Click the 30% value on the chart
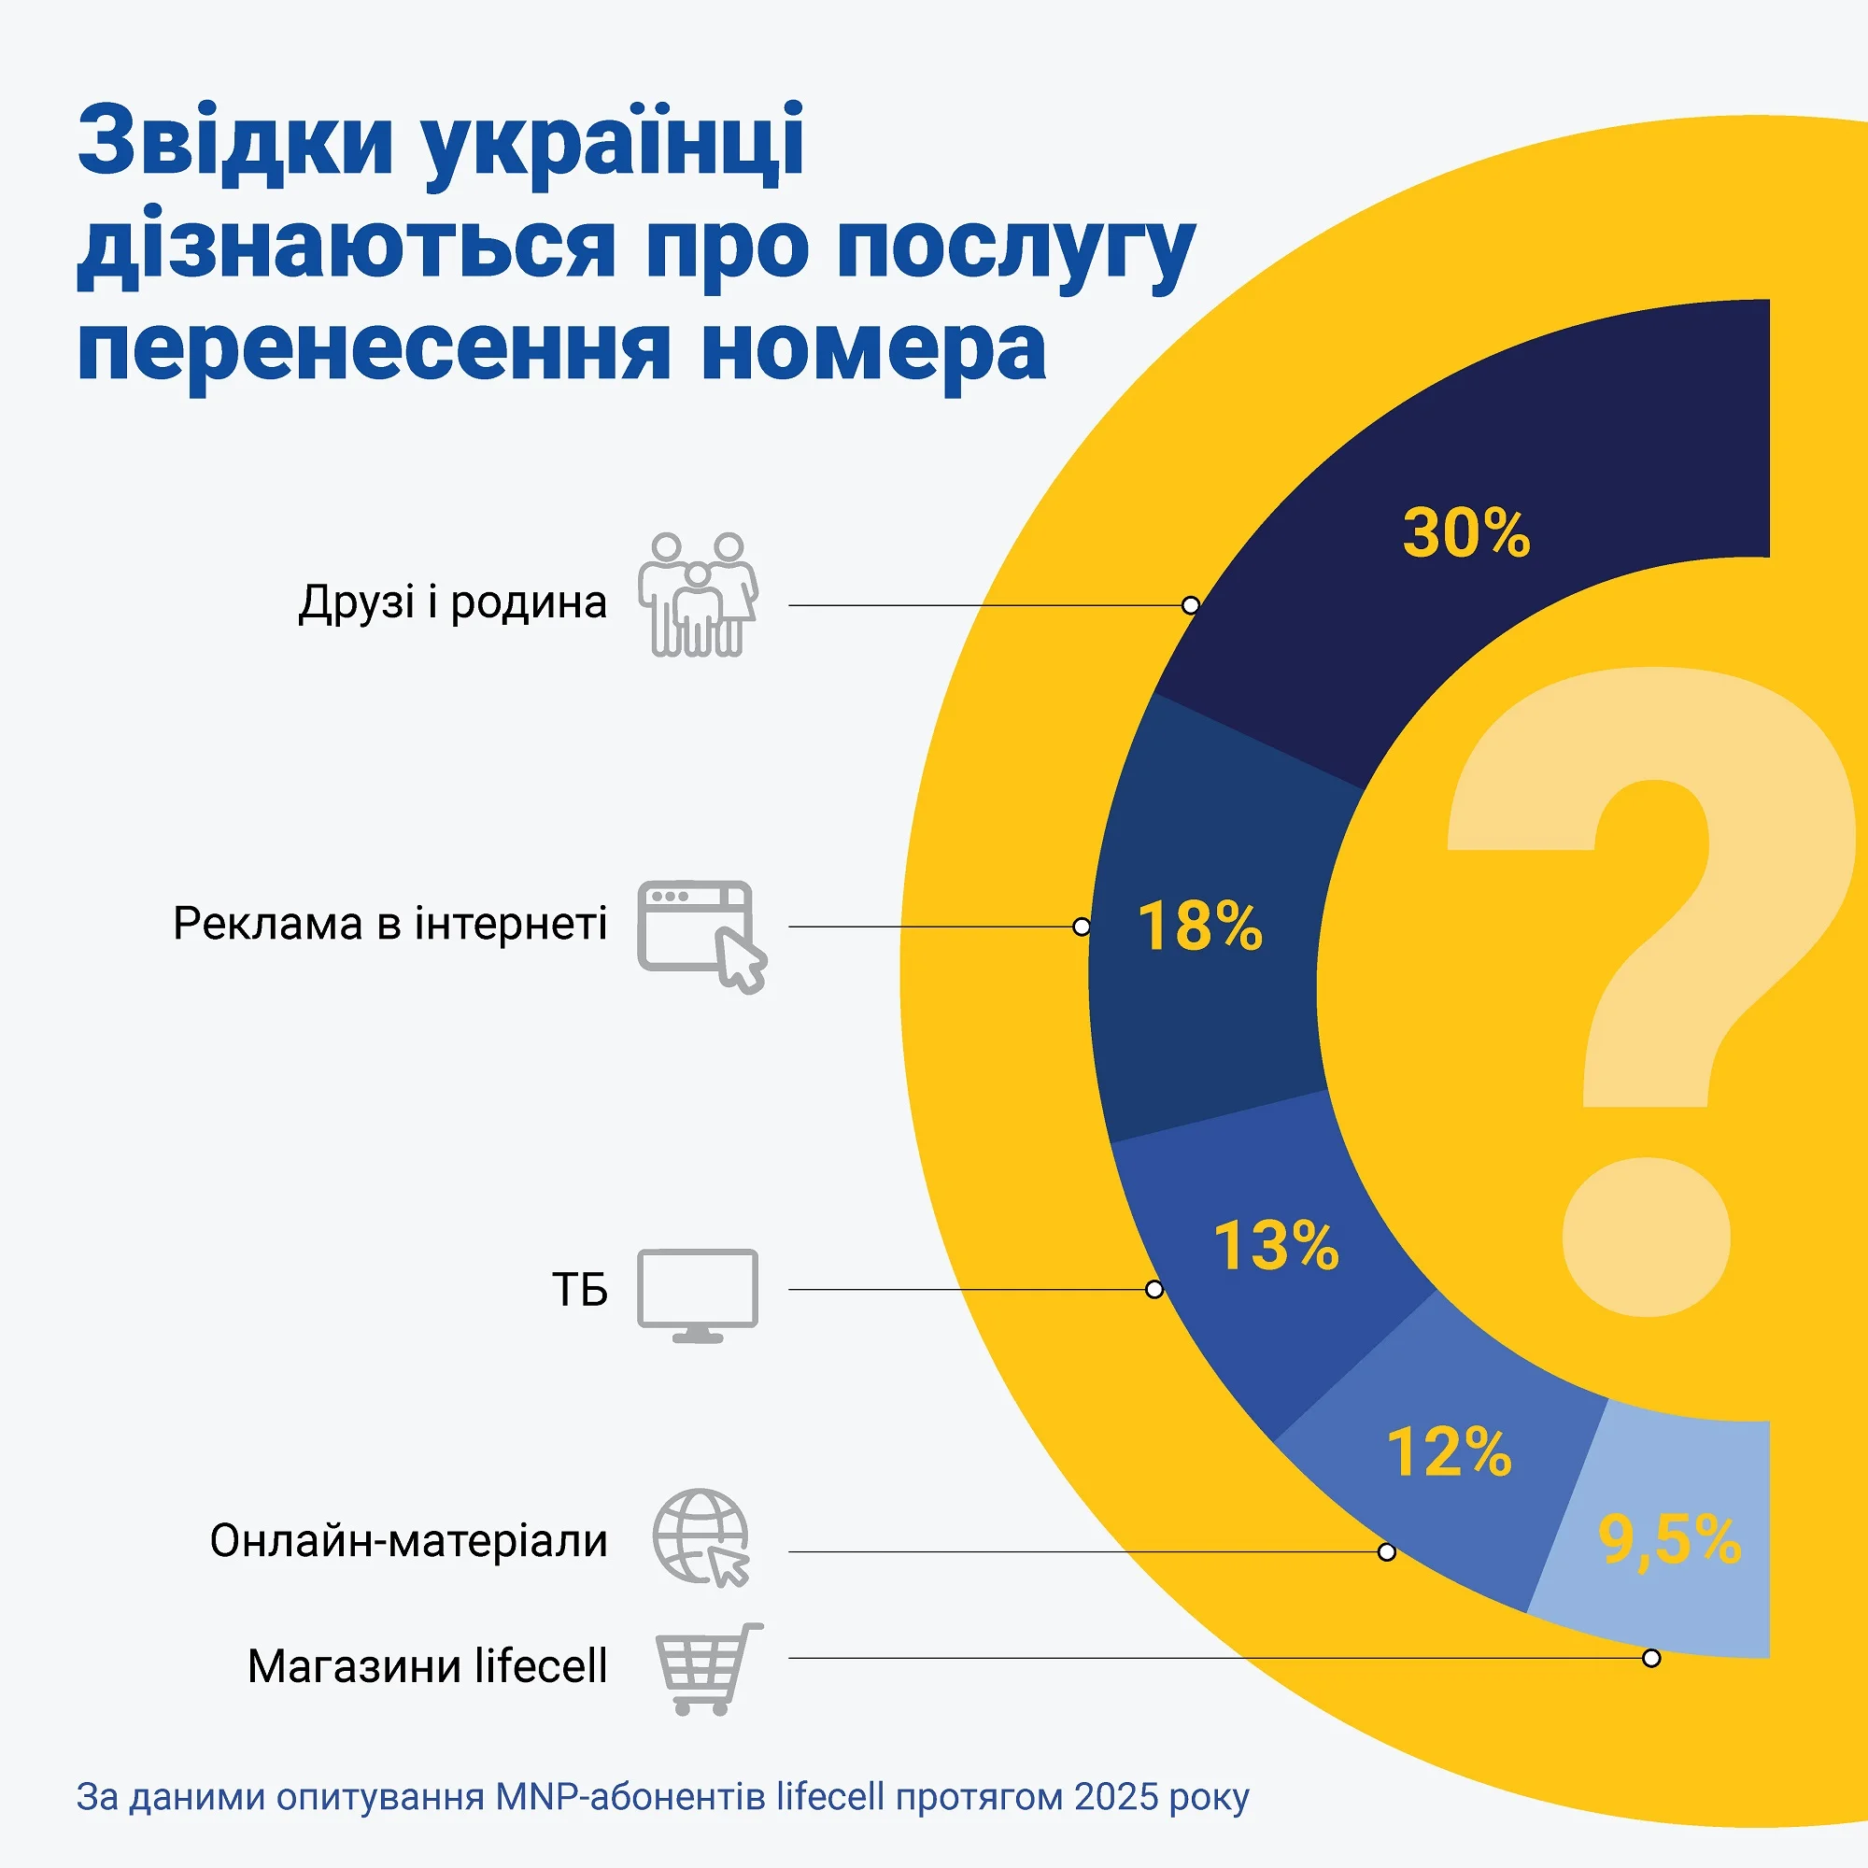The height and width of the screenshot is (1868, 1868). pyautogui.click(x=1465, y=532)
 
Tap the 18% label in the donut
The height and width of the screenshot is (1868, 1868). pyautogui.click(x=1200, y=927)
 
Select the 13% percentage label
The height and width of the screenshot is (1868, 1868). pyautogui.click(x=1276, y=1245)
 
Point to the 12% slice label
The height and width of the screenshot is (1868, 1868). pyautogui.click(x=1449, y=1452)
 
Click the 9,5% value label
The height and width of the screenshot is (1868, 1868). pyautogui.click(x=1669, y=1539)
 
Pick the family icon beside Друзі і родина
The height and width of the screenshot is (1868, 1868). pyautogui.click(x=697, y=595)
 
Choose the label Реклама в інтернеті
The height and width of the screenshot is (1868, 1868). pyautogui.click(x=389, y=924)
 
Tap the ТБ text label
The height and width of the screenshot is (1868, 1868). pyautogui.click(x=579, y=1290)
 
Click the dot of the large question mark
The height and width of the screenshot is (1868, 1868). pyautogui.click(x=1647, y=1236)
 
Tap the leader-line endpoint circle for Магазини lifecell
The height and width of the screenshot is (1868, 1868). pyautogui.click(x=1651, y=1658)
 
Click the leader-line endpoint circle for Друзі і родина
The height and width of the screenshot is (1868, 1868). pyautogui.click(x=1191, y=605)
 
